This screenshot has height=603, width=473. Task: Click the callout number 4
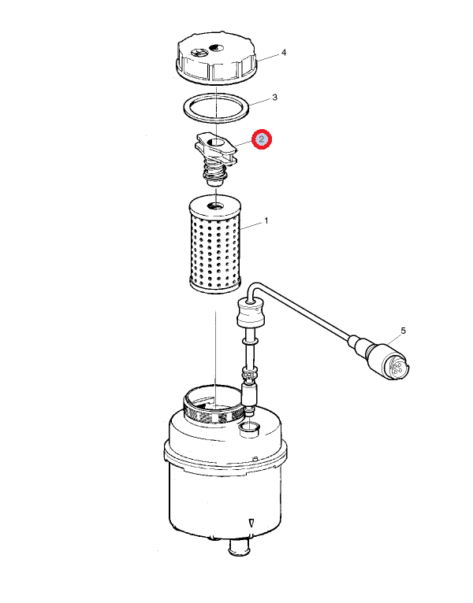tap(284, 52)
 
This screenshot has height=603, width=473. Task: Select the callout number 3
tap(274, 98)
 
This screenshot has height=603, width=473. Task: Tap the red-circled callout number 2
tap(262, 139)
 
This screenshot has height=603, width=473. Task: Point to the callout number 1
tap(266, 221)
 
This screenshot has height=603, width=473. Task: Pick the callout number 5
tap(404, 331)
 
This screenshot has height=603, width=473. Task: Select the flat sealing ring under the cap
tap(216, 108)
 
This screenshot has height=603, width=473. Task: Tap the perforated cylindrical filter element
tap(215, 244)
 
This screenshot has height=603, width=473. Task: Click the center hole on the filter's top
tap(215, 206)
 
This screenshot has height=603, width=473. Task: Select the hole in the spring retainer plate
tap(215, 143)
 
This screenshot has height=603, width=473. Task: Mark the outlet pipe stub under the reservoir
tap(239, 547)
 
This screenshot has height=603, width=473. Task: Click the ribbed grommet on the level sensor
tap(251, 313)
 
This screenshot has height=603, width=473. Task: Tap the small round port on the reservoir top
tap(250, 427)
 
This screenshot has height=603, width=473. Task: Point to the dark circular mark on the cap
tap(216, 48)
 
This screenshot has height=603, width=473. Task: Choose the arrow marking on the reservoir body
tap(251, 523)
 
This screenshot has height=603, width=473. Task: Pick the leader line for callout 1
tap(251, 226)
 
